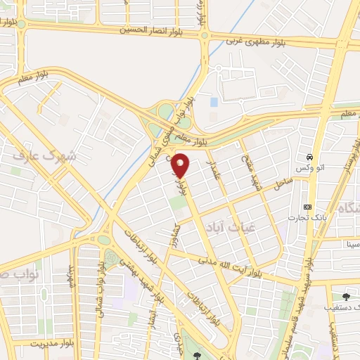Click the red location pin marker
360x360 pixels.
[181, 166]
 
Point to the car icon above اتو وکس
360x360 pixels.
[309, 156]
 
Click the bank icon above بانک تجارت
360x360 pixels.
[307, 207]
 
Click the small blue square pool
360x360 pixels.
[214, 102]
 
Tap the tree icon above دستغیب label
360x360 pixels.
[345, 296]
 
